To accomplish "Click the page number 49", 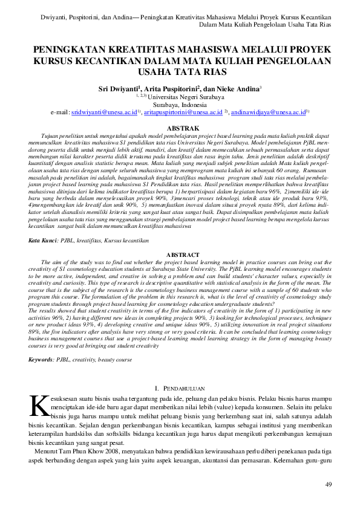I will tap(329, 484).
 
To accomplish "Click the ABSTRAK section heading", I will tap(182, 129).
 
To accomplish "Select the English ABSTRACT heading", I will tap(182, 256).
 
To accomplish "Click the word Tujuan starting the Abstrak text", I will tap(50, 137).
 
